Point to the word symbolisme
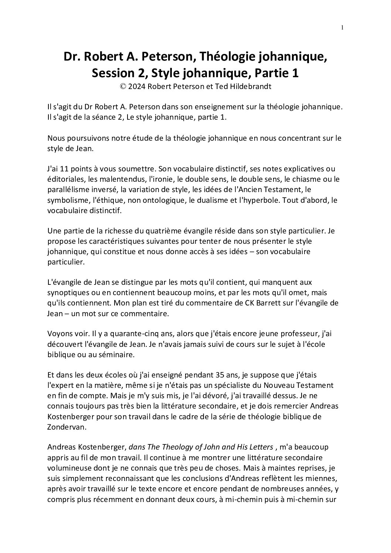click(66, 200)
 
